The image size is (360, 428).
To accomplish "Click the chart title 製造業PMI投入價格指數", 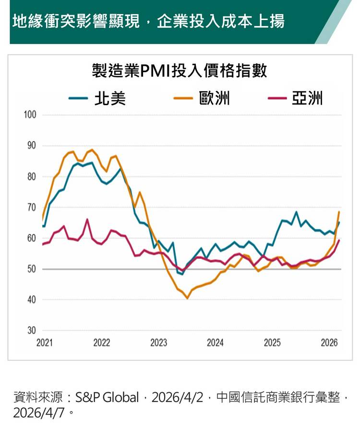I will (x=180, y=72).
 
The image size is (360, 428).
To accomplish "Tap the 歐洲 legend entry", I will (x=214, y=98).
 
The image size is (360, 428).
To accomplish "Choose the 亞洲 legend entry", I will (x=307, y=98).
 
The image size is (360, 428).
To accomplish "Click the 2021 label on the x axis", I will (x=45, y=343).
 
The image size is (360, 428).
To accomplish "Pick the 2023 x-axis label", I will (x=158, y=343).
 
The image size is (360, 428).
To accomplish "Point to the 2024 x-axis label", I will (x=216, y=343).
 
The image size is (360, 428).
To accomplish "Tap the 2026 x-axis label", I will (x=329, y=343).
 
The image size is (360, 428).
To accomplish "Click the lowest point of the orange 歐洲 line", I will (x=187, y=298).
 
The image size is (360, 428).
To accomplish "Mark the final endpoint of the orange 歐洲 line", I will (x=339, y=212).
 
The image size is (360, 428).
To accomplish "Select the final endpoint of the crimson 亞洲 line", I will (x=339, y=240).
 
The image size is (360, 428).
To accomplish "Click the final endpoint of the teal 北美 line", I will (x=339, y=222).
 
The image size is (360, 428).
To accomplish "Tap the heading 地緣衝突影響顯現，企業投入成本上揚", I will (x=148, y=21).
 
